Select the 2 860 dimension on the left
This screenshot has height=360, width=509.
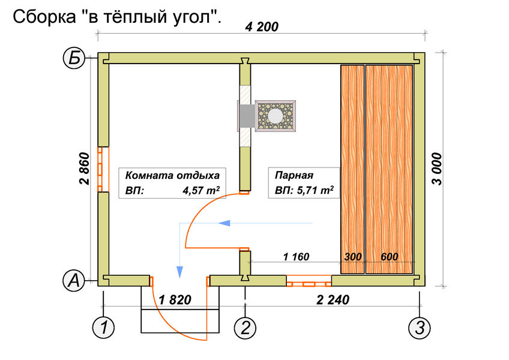[x=83, y=170]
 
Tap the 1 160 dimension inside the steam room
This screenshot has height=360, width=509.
[x=295, y=257]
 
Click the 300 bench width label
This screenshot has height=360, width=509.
[x=352, y=257]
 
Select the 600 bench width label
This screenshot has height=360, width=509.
[x=390, y=257]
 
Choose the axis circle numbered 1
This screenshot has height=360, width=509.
[x=104, y=328]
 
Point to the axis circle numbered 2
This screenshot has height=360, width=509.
[x=245, y=328]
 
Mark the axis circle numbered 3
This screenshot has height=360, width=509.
[x=419, y=328]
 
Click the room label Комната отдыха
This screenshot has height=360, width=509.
[x=173, y=176]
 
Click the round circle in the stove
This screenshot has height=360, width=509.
[x=276, y=115]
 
